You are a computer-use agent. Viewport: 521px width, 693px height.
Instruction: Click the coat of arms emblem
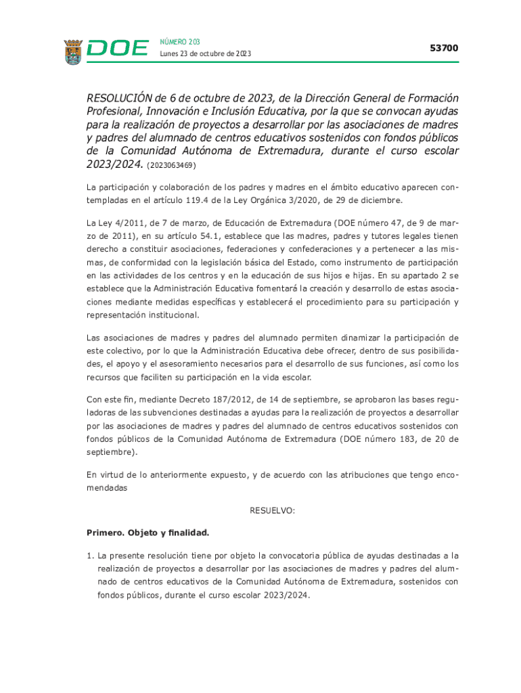tap(73, 51)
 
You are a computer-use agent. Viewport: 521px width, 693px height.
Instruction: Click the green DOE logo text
tap(118, 49)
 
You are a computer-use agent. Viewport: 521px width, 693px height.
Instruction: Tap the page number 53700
tap(444, 48)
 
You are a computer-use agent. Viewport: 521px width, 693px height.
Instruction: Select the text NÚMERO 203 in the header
tap(180, 42)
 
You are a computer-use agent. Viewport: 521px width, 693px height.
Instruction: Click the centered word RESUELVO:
tap(273, 510)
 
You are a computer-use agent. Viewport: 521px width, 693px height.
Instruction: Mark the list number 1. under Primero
tap(91, 556)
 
